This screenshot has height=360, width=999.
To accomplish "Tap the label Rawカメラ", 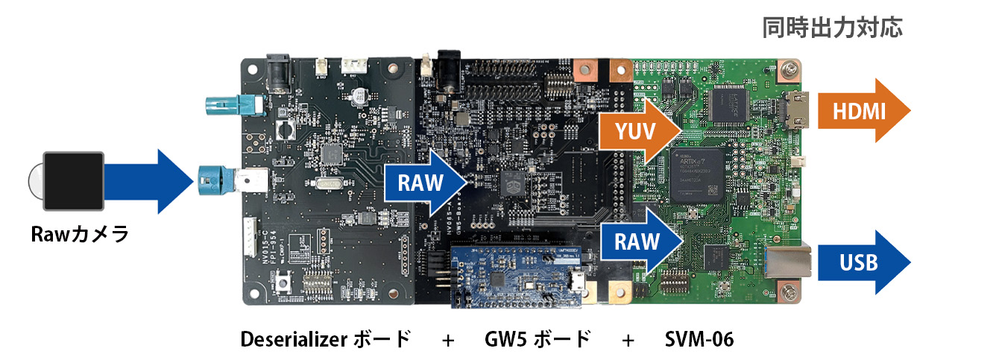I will pyautogui.click(x=80, y=235).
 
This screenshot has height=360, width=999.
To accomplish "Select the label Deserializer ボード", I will pyautogui.click(x=325, y=340).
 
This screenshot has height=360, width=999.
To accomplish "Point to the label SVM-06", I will pyautogui.click(x=699, y=340).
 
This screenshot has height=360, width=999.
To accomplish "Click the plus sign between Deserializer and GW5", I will pyautogui.click(x=447, y=341).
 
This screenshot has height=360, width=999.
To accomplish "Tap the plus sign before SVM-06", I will pyautogui.click(x=628, y=341).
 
